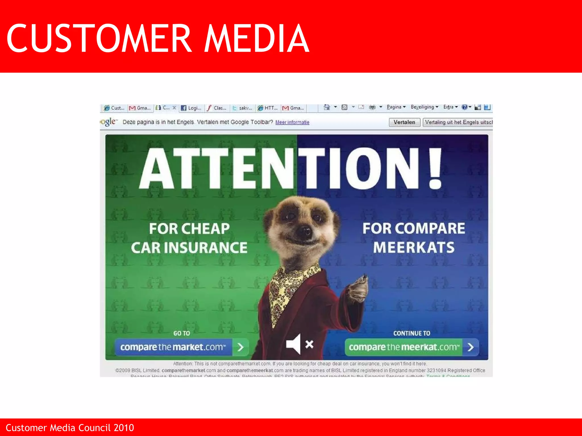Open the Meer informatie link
coord(292,122)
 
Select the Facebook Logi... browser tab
coord(191,108)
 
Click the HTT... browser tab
coord(268,108)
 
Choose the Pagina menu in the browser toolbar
coord(396,107)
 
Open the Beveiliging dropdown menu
coord(424,107)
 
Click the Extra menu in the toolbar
coord(450,107)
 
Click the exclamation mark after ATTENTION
coord(435,168)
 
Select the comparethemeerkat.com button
coord(411,347)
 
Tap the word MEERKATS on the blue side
coord(414,247)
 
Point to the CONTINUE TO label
coord(411,333)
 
